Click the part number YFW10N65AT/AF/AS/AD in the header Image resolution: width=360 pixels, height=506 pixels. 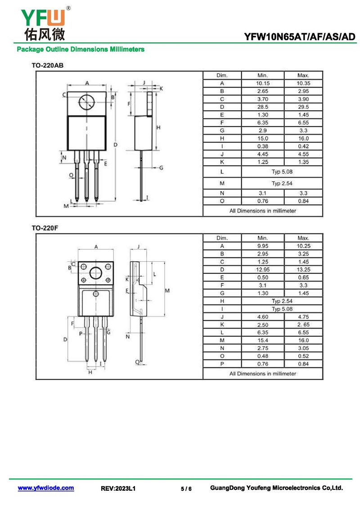click(299, 37)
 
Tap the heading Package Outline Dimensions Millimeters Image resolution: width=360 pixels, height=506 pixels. click(81, 49)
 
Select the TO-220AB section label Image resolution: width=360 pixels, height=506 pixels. click(47, 66)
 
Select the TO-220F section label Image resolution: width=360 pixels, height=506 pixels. click(45, 228)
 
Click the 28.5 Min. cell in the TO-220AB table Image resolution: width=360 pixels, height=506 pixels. click(263, 107)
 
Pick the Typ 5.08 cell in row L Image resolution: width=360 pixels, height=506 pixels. click(282, 172)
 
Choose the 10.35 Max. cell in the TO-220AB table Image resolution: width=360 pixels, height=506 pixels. click(303, 83)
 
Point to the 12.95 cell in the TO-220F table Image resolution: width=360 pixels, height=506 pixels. click(263, 269)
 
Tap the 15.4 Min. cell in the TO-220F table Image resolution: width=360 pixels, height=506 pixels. click(263, 340)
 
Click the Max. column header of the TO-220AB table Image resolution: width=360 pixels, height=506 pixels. click(303, 76)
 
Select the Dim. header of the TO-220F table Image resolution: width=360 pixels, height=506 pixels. click(222, 238)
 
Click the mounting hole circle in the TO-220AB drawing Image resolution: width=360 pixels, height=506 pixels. click(86, 103)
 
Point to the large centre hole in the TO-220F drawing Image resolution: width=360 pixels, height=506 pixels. click(96, 273)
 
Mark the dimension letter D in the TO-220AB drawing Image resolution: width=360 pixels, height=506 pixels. click(115, 144)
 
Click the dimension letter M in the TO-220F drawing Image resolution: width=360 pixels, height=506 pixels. click(167, 291)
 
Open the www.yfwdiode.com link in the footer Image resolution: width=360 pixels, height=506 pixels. click(46, 488)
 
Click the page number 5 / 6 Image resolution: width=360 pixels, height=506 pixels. click(186, 488)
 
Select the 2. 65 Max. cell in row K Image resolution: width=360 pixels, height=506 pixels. click(303, 324)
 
